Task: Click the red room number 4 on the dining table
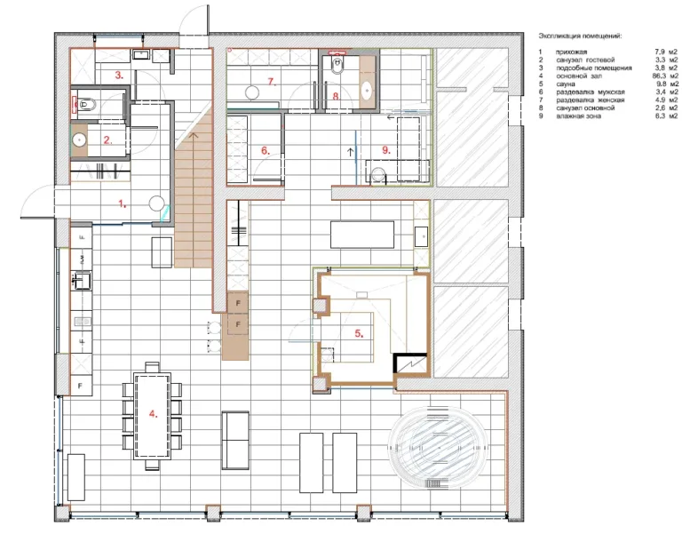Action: coord(153,413)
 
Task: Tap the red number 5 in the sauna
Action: coord(359,334)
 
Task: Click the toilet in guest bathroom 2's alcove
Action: coord(88,105)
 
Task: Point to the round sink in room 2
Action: coord(80,140)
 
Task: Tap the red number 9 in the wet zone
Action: coord(386,150)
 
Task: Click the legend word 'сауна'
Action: coord(566,84)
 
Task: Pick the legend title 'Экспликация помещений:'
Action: coord(580,36)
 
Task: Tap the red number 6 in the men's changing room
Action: coord(266,151)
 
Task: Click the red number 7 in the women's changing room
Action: coord(273,82)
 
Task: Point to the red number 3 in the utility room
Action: coord(119,75)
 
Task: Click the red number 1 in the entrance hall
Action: coord(123,203)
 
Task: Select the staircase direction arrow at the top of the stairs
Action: coord(194,136)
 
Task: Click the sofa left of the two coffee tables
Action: coord(235,441)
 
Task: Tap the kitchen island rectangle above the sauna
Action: coord(362,235)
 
